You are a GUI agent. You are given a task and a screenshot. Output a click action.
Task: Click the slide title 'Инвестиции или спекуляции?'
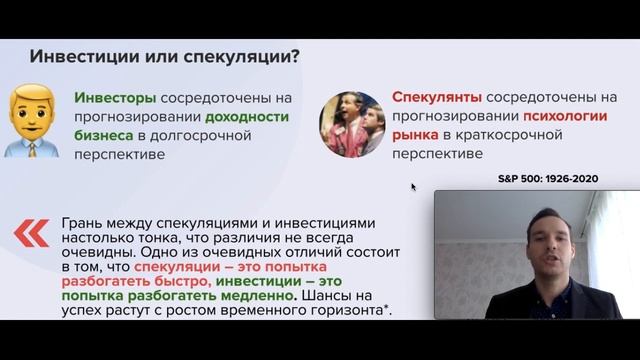pyautogui.click(x=165, y=55)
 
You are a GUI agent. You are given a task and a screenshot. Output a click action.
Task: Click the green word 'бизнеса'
pyautogui.click(x=106, y=136)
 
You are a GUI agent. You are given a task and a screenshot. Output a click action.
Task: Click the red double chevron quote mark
pyautogui.click(x=31, y=233)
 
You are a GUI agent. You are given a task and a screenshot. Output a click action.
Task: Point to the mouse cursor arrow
pyautogui.click(x=413, y=186)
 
